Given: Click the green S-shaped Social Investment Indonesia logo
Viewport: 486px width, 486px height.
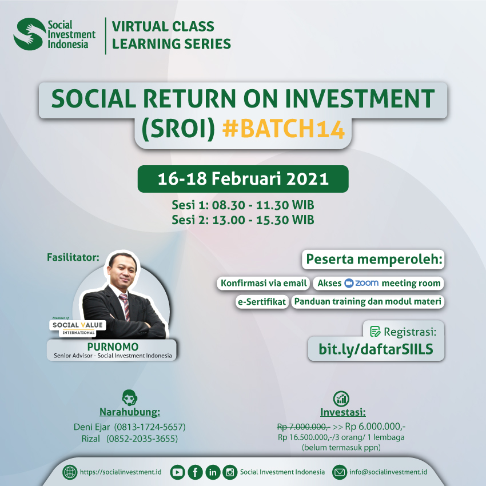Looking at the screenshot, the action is click(x=29, y=34).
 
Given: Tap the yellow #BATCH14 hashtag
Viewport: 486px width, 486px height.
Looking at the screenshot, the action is click(x=283, y=129).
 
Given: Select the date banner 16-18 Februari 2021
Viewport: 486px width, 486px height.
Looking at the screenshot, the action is click(x=243, y=179).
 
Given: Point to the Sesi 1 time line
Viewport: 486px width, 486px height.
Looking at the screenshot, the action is click(x=243, y=205).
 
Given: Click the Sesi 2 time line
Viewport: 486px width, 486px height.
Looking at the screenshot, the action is click(x=243, y=220).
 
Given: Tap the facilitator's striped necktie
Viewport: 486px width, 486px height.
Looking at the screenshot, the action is click(x=125, y=306).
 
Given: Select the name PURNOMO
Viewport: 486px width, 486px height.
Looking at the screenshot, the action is click(x=113, y=346).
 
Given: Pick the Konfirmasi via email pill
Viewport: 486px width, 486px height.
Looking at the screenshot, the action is click(x=264, y=283).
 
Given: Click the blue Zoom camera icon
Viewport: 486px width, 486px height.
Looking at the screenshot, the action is click(x=349, y=283).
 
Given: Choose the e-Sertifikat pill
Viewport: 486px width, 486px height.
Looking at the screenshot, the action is click(x=262, y=301).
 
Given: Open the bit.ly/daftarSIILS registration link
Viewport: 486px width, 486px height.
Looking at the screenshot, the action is click(x=376, y=349).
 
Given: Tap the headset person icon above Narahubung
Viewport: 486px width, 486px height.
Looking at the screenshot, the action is click(x=130, y=397).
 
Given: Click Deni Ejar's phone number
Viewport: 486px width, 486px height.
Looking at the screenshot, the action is click(x=150, y=427).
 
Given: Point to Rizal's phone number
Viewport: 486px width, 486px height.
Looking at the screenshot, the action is click(x=142, y=439).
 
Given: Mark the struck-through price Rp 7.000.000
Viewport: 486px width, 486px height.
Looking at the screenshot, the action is click(x=304, y=427).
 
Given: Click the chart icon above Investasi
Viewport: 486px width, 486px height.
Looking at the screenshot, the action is click(x=341, y=399).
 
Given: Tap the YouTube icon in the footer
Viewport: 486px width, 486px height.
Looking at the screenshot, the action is click(x=178, y=472).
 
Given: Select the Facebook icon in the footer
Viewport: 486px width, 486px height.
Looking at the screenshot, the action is click(x=196, y=472).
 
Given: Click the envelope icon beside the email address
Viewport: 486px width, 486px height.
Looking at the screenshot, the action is click(x=340, y=472).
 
